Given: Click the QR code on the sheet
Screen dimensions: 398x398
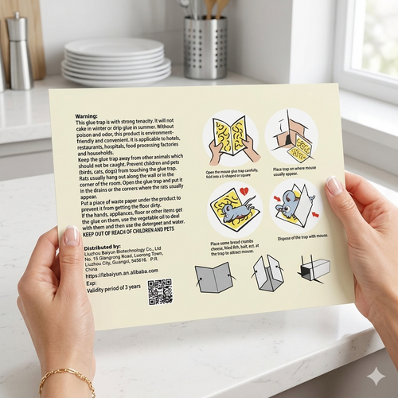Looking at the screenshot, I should pyautogui.click(x=159, y=291).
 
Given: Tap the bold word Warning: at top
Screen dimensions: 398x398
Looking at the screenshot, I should pyautogui.click(x=87, y=115).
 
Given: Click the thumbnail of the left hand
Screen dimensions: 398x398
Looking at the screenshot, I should pyautogui.click(x=72, y=236).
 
